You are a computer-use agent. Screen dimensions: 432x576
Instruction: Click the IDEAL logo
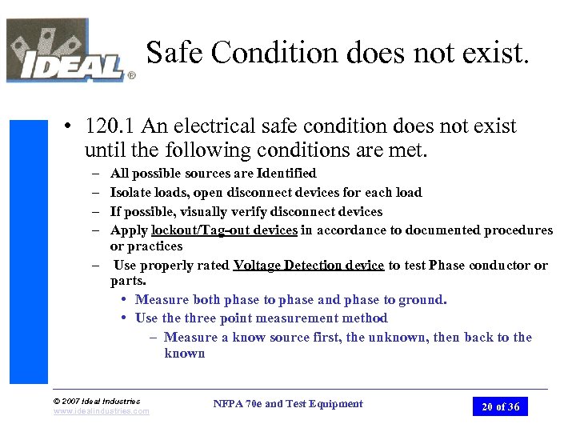(68, 51)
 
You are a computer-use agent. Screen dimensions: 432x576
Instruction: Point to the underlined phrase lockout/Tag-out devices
(225, 230)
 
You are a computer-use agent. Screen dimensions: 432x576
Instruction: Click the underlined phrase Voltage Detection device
(309, 266)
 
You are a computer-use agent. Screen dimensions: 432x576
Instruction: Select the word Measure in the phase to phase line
(162, 300)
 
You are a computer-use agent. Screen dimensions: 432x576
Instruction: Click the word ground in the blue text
(422, 300)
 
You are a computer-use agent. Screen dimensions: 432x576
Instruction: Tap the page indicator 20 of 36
(500, 406)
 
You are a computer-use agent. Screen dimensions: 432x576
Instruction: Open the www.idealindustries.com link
(101, 411)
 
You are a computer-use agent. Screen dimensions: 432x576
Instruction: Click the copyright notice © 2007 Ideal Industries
(96, 401)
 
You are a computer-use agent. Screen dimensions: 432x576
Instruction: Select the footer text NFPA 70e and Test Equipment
(288, 404)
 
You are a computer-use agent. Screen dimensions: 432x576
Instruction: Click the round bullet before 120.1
(71, 127)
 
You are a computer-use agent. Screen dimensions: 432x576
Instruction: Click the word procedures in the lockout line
(513, 230)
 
